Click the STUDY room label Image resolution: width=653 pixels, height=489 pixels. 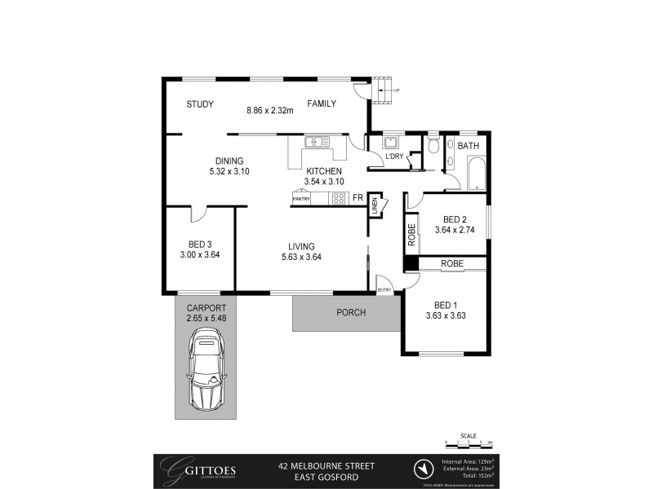(199, 104)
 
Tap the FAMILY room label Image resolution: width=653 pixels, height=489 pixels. (322, 104)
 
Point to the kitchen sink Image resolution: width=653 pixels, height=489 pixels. (315, 143)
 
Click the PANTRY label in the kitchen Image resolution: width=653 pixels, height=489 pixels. (300, 198)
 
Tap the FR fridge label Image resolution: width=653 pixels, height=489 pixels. (357, 197)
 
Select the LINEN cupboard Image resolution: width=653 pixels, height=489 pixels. (374, 207)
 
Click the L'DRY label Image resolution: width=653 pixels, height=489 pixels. (394, 156)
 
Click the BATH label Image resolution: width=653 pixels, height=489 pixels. (468, 146)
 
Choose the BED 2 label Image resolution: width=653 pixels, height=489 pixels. (454, 219)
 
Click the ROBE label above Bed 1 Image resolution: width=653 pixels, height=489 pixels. (452, 264)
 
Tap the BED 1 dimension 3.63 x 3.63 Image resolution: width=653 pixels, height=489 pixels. (446, 315)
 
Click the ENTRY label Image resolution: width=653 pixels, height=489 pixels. (383, 290)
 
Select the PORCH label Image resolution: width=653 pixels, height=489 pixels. (351, 313)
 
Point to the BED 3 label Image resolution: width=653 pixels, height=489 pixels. (200, 243)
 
